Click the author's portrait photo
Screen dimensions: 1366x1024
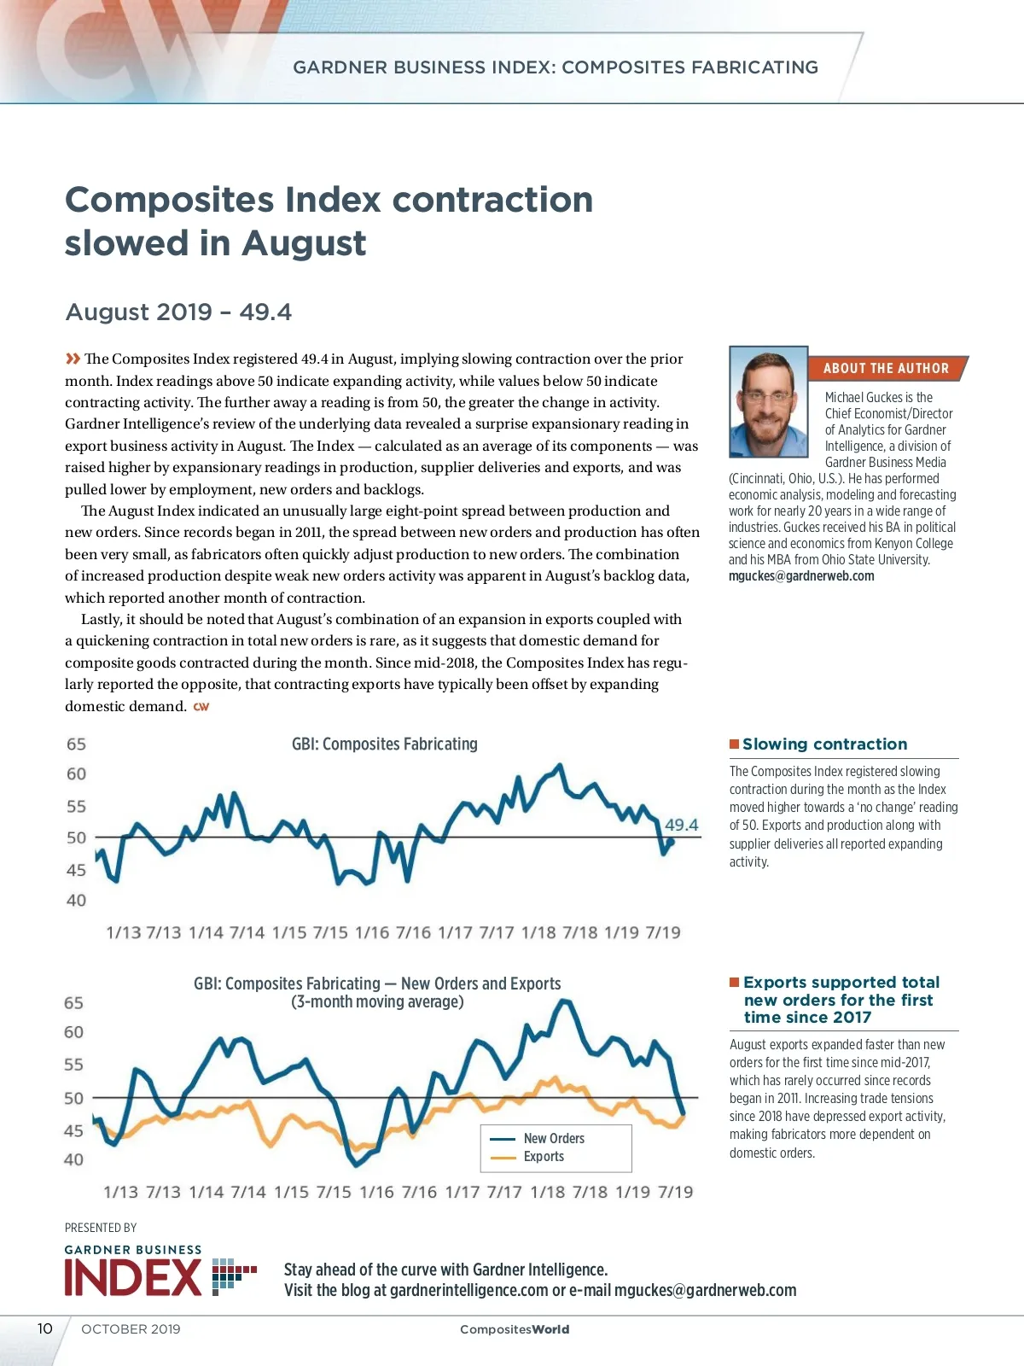[x=768, y=401]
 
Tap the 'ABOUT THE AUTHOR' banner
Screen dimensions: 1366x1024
[x=886, y=368]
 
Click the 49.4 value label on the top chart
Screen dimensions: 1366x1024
[x=681, y=825]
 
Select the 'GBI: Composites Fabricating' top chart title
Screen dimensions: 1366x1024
[x=384, y=744]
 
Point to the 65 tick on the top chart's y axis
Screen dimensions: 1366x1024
[x=76, y=744]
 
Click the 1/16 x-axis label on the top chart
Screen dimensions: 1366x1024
[x=372, y=932]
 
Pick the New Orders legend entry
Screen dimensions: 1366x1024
[x=554, y=1138]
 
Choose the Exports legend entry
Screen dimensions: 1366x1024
[x=544, y=1156]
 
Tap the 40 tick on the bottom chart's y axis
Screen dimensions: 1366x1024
[x=74, y=1159]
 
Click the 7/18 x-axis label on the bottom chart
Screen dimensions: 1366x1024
[x=590, y=1192]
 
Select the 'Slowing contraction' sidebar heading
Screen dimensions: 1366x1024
[x=824, y=744]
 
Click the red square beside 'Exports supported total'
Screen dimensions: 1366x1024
[x=734, y=982]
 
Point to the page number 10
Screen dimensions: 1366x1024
[x=44, y=1328]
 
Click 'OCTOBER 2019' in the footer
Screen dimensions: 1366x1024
[x=131, y=1328]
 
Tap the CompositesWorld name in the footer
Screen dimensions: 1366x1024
[x=514, y=1329]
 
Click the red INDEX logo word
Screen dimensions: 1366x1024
[x=133, y=1277]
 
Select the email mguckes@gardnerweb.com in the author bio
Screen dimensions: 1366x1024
[x=800, y=575]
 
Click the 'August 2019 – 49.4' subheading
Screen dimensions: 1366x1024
[x=178, y=312]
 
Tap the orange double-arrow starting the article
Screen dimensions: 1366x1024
[x=73, y=359]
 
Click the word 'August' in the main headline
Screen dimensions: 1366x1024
[x=304, y=243]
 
